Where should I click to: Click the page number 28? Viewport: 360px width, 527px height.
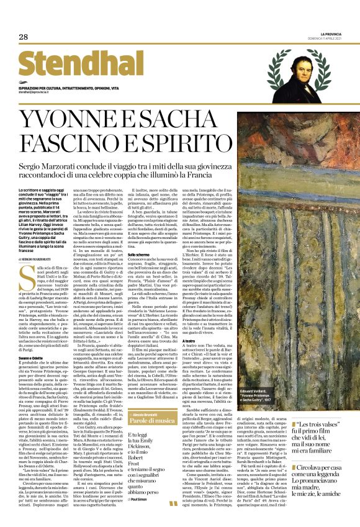coord(23,37)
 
